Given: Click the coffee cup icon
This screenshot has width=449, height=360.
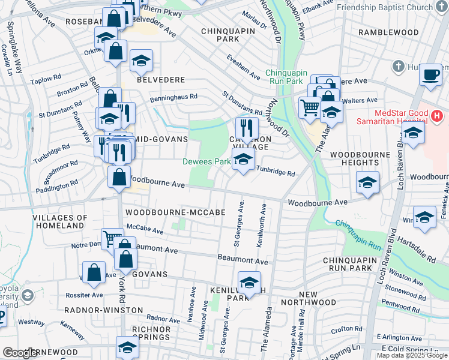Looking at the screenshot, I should pyautogui.click(x=430, y=75).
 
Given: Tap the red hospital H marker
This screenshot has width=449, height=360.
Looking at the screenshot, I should pyautogui.click(x=436, y=115).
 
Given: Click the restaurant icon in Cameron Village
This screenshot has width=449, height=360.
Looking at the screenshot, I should pyautogui.click(x=246, y=128).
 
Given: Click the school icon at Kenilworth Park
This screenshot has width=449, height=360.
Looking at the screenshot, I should pyautogui.click(x=249, y=281).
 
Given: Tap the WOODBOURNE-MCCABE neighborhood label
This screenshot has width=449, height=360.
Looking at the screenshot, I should pyautogui.click(x=166, y=212).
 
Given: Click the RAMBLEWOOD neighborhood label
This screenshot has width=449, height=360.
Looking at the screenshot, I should pyautogui.click(x=388, y=32).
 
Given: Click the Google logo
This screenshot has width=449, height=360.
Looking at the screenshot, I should pyautogui.click(x=20, y=353).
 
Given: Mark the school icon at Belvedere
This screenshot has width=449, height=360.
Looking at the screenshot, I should pyautogui.click(x=141, y=60).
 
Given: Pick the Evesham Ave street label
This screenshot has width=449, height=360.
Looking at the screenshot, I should pyautogui.click(x=243, y=67).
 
